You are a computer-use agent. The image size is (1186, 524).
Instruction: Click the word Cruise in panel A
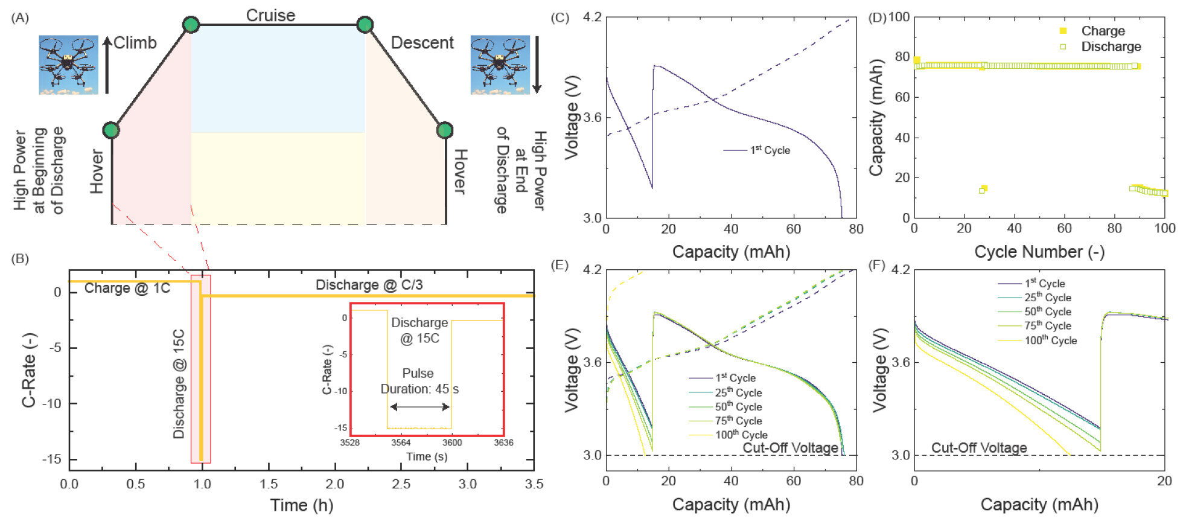(270, 15)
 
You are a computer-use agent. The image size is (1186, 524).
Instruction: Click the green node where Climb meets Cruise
(191, 25)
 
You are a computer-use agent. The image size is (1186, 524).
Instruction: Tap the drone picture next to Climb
(68, 65)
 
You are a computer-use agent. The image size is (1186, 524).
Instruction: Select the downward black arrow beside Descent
(537, 64)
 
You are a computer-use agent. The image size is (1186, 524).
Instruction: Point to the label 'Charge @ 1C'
(127, 288)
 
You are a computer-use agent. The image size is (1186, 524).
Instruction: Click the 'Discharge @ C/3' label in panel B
(369, 284)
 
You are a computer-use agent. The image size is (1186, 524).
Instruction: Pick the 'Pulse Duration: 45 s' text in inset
(419, 381)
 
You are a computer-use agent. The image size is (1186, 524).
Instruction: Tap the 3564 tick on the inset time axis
(401, 443)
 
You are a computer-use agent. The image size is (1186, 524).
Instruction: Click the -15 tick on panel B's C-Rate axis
(51, 459)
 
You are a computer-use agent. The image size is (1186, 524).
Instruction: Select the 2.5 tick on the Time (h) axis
(401, 484)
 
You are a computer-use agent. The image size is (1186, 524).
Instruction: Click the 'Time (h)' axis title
(301, 505)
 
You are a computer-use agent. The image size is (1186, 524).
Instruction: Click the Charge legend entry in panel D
(1102, 31)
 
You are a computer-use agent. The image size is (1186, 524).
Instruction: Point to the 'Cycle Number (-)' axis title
(1039, 252)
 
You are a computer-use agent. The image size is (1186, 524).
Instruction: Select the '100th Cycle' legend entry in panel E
(741, 435)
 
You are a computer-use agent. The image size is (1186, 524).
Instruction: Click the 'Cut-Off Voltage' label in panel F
(978, 447)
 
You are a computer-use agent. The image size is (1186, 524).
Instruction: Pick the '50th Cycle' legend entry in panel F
(1047, 312)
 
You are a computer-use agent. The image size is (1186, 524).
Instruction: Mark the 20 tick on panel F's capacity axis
(1164, 481)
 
